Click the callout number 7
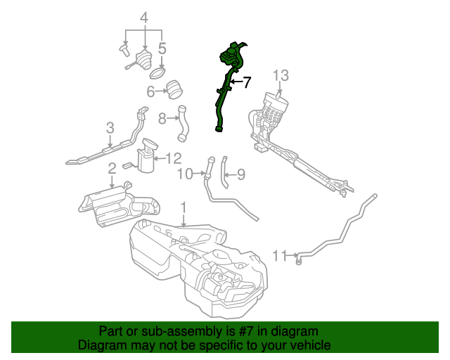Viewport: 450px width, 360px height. coord(246,82)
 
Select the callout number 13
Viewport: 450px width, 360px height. coord(281,75)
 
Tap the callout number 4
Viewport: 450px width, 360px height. coord(144,17)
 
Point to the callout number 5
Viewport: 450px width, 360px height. coord(162,49)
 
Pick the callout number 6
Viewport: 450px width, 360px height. coord(150,91)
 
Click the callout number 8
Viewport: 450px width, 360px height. coord(162,118)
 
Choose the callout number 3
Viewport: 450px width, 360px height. coord(110,127)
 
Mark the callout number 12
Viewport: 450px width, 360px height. coord(173,158)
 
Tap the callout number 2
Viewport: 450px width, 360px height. coord(112,169)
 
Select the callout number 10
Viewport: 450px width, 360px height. coord(184,174)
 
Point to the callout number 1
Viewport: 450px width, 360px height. coord(184,208)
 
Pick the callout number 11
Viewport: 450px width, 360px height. coord(280,255)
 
